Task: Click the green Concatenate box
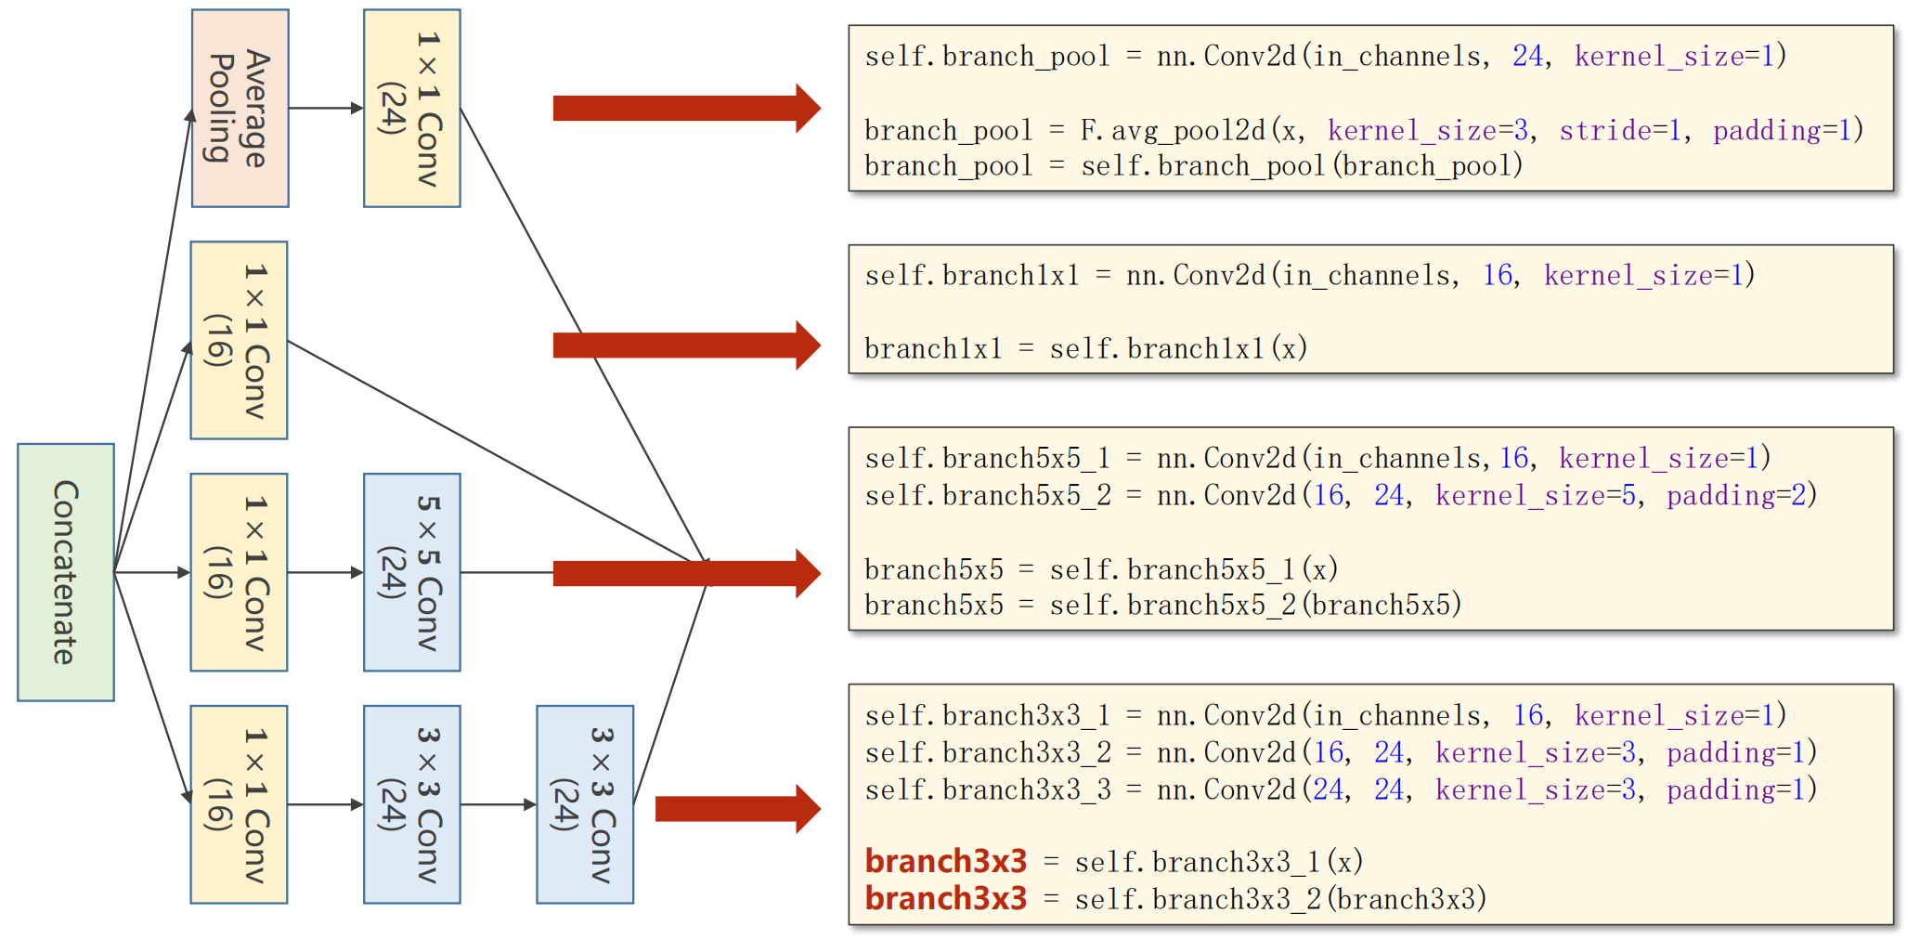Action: [x=66, y=572]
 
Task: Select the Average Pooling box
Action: [x=240, y=109]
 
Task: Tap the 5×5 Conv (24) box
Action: [x=411, y=572]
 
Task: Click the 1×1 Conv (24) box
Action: [x=411, y=109]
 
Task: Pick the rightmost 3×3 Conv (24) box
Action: [x=585, y=804]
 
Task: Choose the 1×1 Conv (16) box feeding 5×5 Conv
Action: [x=239, y=572]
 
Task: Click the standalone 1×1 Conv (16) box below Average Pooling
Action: [x=239, y=340]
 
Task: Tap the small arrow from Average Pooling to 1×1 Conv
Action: [x=326, y=109]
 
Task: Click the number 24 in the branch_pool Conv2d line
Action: [x=1527, y=57]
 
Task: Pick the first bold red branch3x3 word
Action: [x=945, y=862]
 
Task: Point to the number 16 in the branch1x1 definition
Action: [x=1497, y=276]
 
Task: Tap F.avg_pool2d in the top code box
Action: [x=1173, y=131]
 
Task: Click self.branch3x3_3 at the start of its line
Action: [x=987, y=790]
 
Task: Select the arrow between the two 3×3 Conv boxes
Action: [x=499, y=804]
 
